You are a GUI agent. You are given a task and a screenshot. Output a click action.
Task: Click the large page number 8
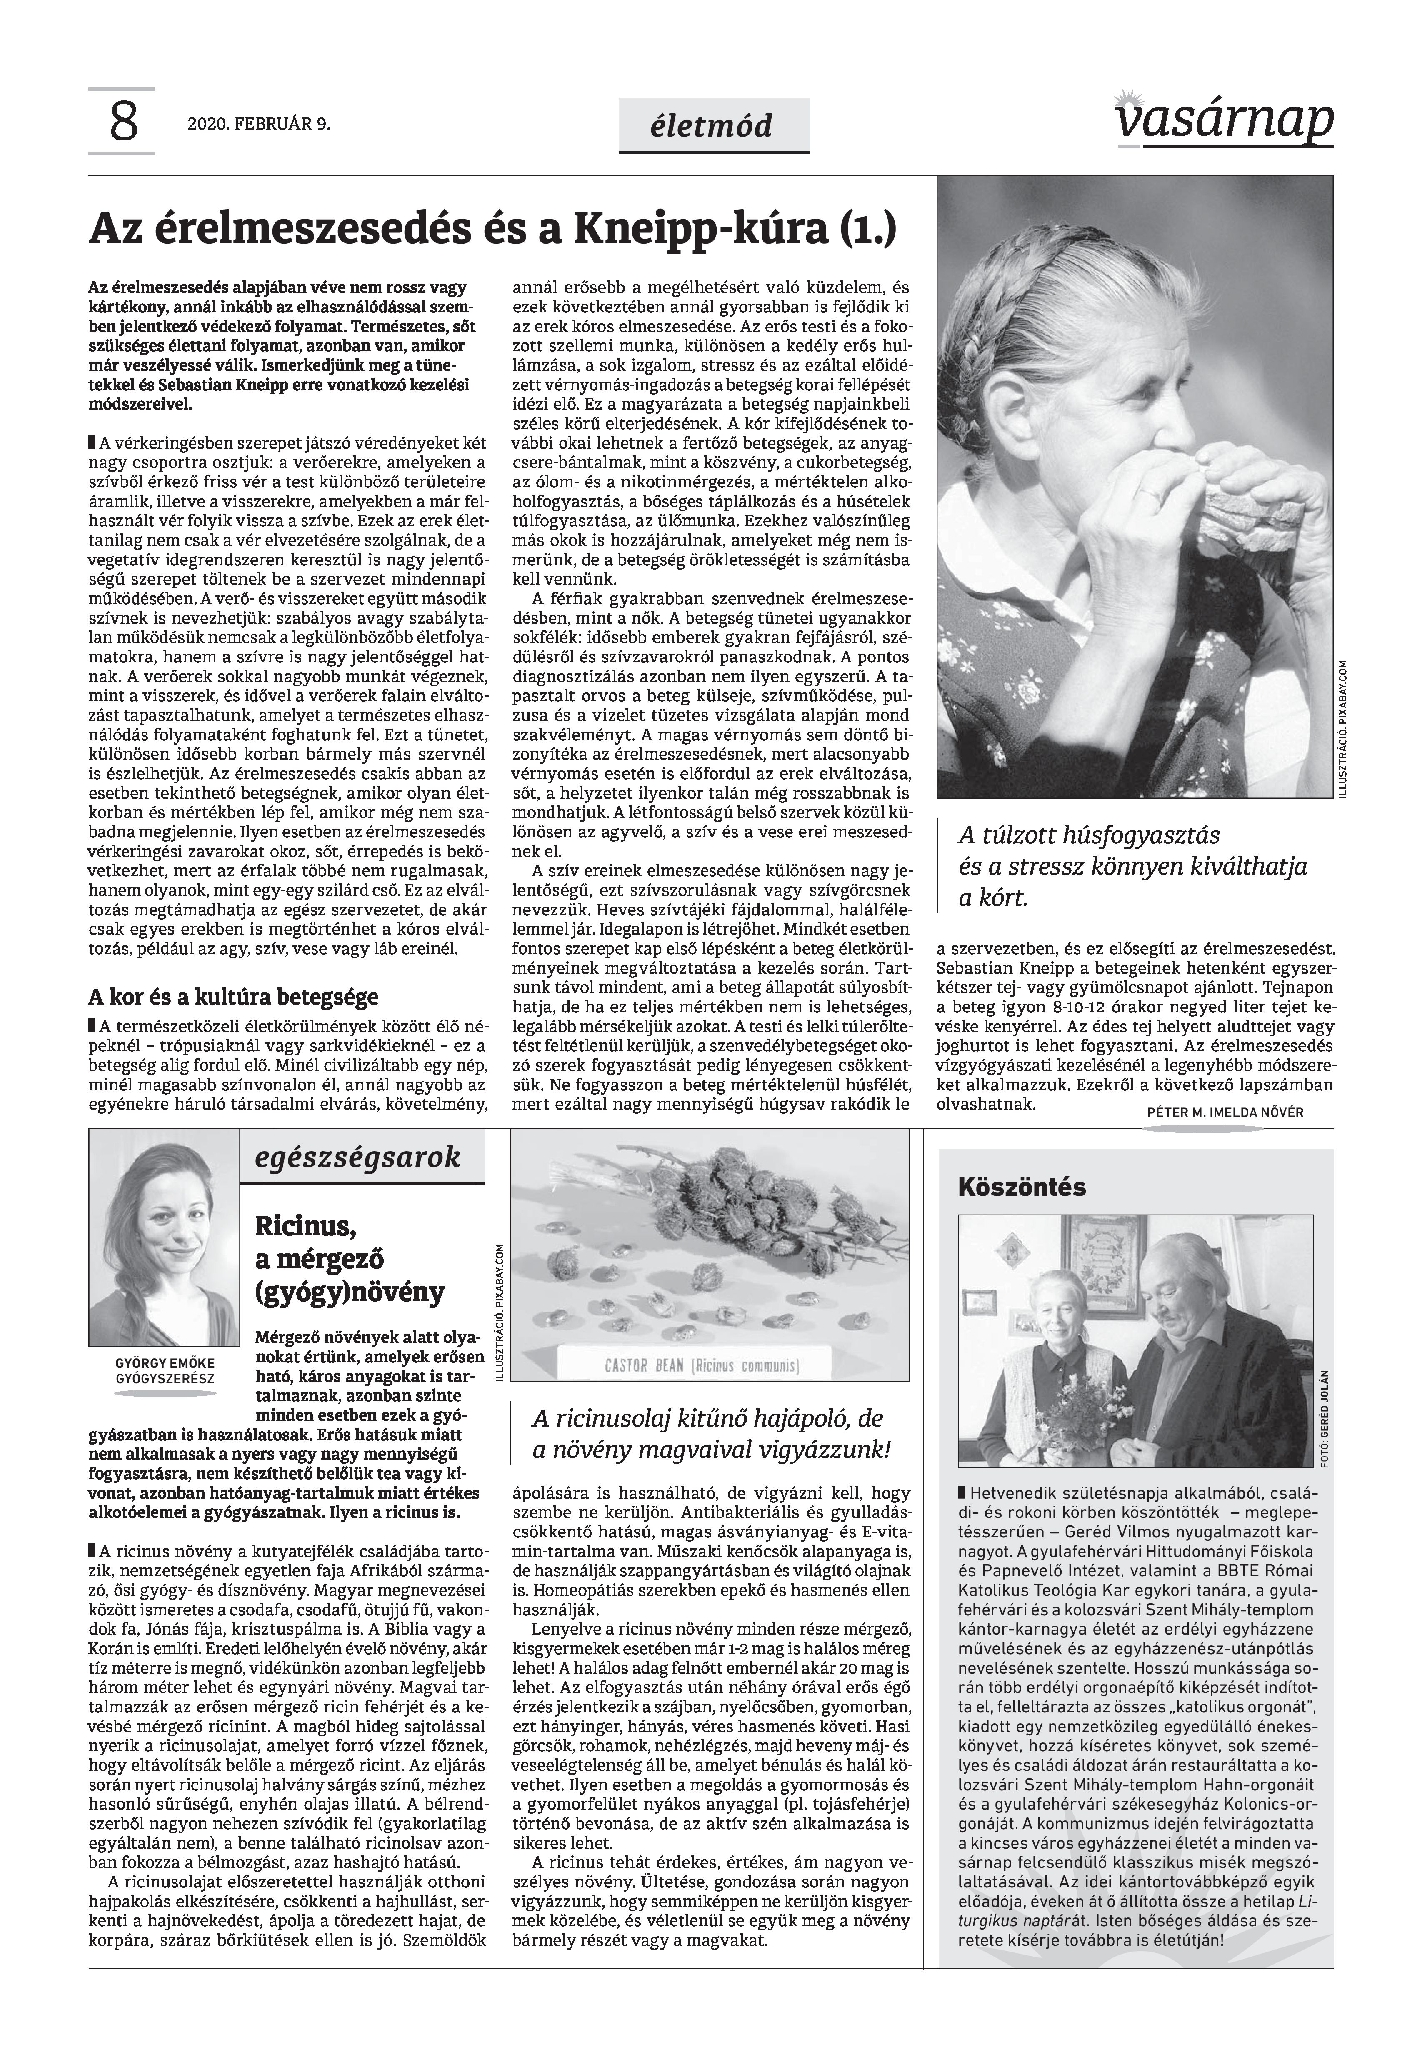tap(124, 123)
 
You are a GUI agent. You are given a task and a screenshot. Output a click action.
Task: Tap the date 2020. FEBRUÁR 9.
tap(258, 125)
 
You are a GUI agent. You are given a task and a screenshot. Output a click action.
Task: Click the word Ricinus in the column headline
tap(307, 1227)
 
